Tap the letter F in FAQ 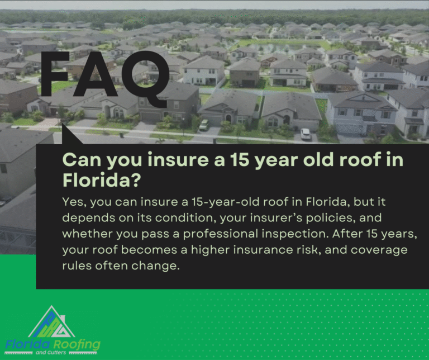[55, 74]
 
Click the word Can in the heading [82, 160]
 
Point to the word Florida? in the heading [102, 180]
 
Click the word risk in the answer [308, 250]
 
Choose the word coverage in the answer [379, 250]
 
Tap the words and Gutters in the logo [51, 353]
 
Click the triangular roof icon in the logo [52, 321]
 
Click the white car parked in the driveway [306, 134]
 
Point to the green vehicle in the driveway [203, 125]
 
